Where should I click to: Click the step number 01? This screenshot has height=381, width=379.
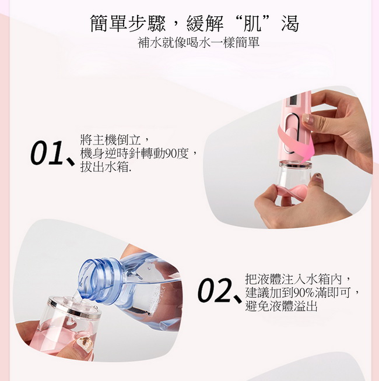coord(47,153)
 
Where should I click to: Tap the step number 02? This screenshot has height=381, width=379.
coord(214,290)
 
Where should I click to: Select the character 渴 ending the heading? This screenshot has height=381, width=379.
coord(289,23)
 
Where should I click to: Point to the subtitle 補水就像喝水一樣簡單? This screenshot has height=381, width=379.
coord(198,43)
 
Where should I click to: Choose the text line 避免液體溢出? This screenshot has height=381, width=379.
coord(282,306)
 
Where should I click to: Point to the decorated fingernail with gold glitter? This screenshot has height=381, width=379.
coord(84,344)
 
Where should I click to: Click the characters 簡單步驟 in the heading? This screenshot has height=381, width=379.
coord(128,23)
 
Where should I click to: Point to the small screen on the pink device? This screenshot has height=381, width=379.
coord(292,101)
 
